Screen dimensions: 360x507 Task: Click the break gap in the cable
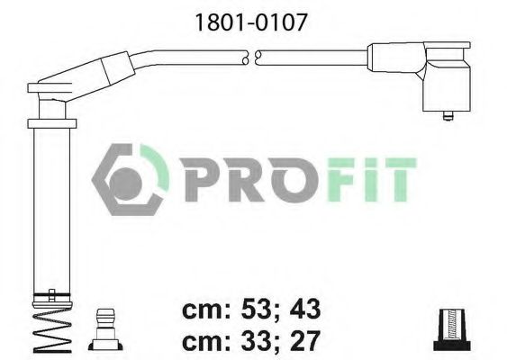point(252,57)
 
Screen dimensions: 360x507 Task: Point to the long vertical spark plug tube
point(48,207)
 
